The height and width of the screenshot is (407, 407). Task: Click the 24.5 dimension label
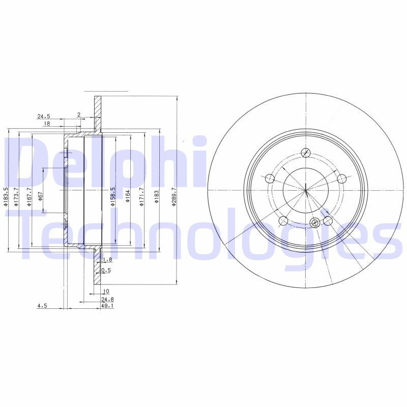(x=44, y=116)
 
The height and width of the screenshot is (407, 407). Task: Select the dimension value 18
(x=46, y=124)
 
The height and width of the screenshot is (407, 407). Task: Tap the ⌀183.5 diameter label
(x=6, y=197)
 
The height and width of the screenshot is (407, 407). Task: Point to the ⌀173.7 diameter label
(x=16, y=197)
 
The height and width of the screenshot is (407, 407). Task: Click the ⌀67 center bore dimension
(x=40, y=197)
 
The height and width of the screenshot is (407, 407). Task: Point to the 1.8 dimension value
(x=106, y=260)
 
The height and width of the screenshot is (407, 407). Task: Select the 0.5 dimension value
(x=106, y=271)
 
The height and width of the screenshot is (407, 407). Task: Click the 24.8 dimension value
(x=106, y=300)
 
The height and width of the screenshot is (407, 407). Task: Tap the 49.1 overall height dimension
(x=106, y=306)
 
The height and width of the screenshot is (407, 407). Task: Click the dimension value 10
(x=105, y=292)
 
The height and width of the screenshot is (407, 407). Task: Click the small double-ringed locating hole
(x=315, y=222)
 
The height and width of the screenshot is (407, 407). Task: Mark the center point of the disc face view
(x=306, y=191)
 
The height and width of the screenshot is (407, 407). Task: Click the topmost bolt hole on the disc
(x=306, y=153)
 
